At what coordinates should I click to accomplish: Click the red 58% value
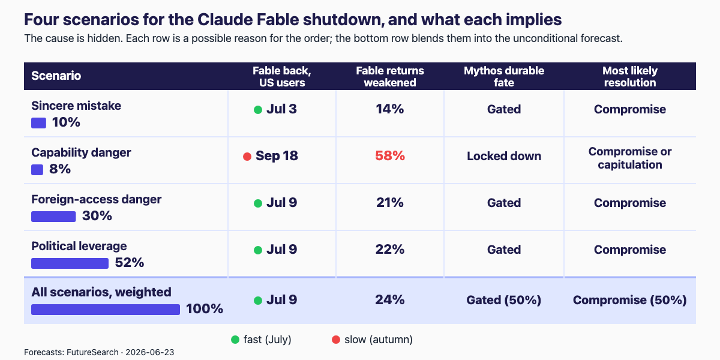pos(390,156)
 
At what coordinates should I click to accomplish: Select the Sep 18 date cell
pos(277,156)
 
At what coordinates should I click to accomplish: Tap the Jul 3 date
pos(281,109)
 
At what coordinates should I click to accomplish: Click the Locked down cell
pos(504,156)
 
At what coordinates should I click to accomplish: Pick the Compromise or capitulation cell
pos(630,158)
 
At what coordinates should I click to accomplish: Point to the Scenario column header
pos(56,76)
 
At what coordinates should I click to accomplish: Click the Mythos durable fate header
pos(504,77)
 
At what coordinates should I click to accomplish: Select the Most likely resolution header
pos(630,77)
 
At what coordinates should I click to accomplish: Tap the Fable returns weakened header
pos(390,77)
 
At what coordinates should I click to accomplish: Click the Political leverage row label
pos(79,246)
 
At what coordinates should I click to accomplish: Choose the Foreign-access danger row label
pos(97,199)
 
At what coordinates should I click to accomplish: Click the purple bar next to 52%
pos(70,263)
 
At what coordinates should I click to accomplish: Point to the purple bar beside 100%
pos(106,310)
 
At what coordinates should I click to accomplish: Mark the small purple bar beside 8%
pos(37,170)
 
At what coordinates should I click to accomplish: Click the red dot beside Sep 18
pos(247,157)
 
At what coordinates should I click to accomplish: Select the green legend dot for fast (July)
pos(235,340)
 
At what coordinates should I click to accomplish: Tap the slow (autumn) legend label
pos(379,340)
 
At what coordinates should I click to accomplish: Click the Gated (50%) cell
pos(504,300)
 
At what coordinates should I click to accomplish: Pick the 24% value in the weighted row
pos(390,300)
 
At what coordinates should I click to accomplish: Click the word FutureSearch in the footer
pos(92,352)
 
